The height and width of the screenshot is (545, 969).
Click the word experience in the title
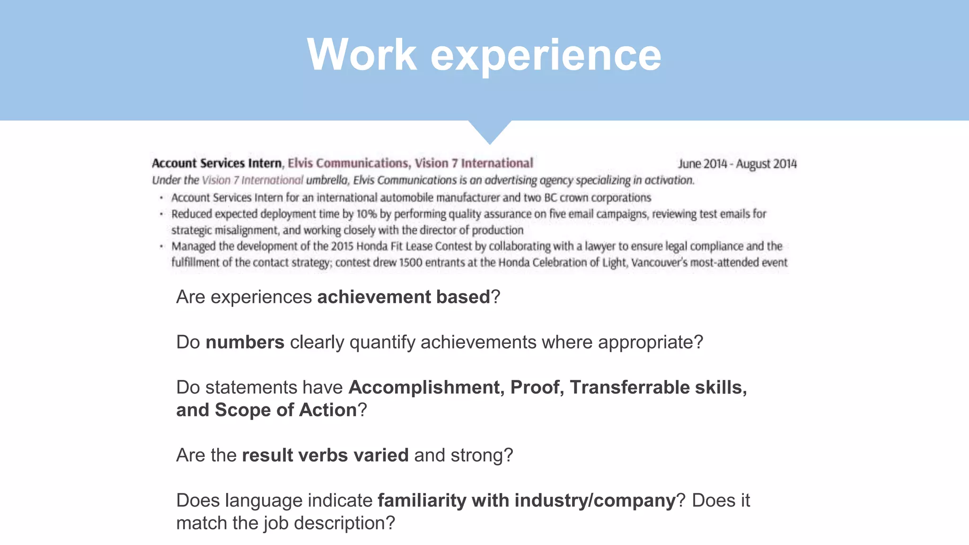coord(546,56)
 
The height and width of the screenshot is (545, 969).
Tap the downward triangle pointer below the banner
coord(490,131)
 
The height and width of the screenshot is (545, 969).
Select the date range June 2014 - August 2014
coord(737,164)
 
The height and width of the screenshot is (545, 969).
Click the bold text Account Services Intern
coord(217,163)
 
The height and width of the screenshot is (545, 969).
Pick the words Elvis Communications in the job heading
coord(348,163)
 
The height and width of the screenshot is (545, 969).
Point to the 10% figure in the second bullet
coord(366,214)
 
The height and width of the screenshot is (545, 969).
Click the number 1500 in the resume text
coord(411,263)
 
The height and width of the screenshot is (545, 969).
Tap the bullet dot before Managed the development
coord(161,246)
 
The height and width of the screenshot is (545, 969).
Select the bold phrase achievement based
coord(404,297)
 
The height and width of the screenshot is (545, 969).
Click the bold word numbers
coord(245,342)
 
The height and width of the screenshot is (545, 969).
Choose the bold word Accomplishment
coord(424,387)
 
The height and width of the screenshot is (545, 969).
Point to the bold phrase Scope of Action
coord(286,410)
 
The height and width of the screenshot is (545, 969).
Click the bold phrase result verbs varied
coord(325,455)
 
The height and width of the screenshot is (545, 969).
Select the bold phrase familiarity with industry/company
coord(527,501)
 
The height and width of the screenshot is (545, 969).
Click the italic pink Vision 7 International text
coord(252,180)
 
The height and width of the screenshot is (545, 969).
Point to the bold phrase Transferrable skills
coord(658,387)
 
